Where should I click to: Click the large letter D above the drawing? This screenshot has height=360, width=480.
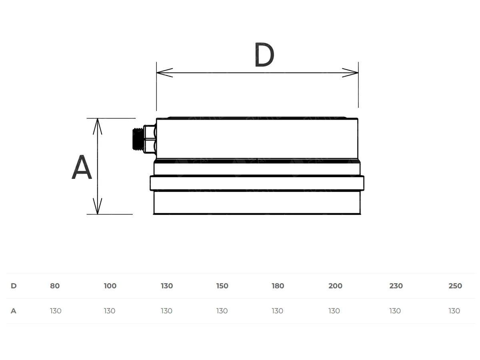(x=264, y=54)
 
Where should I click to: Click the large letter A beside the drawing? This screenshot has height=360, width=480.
(x=82, y=167)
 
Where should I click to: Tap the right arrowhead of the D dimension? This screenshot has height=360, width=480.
(x=350, y=72)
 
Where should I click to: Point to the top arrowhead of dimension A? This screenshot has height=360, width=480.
(x=98, y=126)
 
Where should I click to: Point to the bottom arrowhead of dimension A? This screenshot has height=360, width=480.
(x=98, y=206)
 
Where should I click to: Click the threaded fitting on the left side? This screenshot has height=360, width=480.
(x=144, y=139)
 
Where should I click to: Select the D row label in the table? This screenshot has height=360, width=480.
(x=14, y=286)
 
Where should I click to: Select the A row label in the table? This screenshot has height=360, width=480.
(x=14, y=311)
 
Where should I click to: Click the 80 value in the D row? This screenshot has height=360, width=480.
(x=55, y=286)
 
